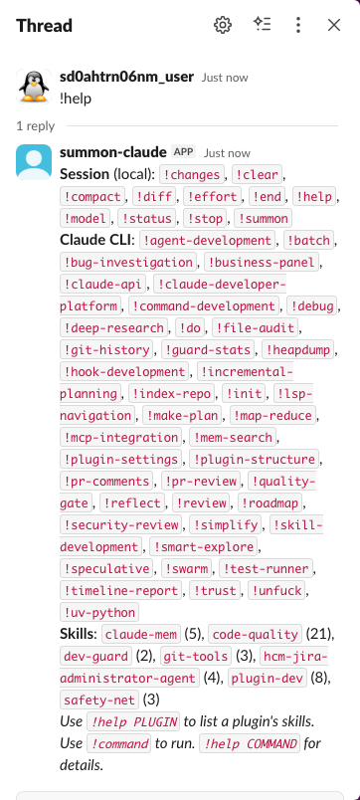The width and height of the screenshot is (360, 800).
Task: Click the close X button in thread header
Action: (334, 26)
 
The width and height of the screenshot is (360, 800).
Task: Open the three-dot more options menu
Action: (298, 26)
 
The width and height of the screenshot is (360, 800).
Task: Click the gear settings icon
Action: (223, 26)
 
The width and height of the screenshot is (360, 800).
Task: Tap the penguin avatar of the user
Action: (34, 87)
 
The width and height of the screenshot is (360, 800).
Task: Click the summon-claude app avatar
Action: (34, 162)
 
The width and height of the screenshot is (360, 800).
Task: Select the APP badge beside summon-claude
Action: (183, 152)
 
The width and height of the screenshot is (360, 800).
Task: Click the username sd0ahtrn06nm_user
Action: (126, 77)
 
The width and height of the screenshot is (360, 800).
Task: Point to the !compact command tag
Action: (94, 196)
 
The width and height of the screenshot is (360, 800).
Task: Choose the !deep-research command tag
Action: (114, 327)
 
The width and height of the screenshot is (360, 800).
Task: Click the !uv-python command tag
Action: (98, 612)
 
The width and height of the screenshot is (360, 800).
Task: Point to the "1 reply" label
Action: (36, 126)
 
